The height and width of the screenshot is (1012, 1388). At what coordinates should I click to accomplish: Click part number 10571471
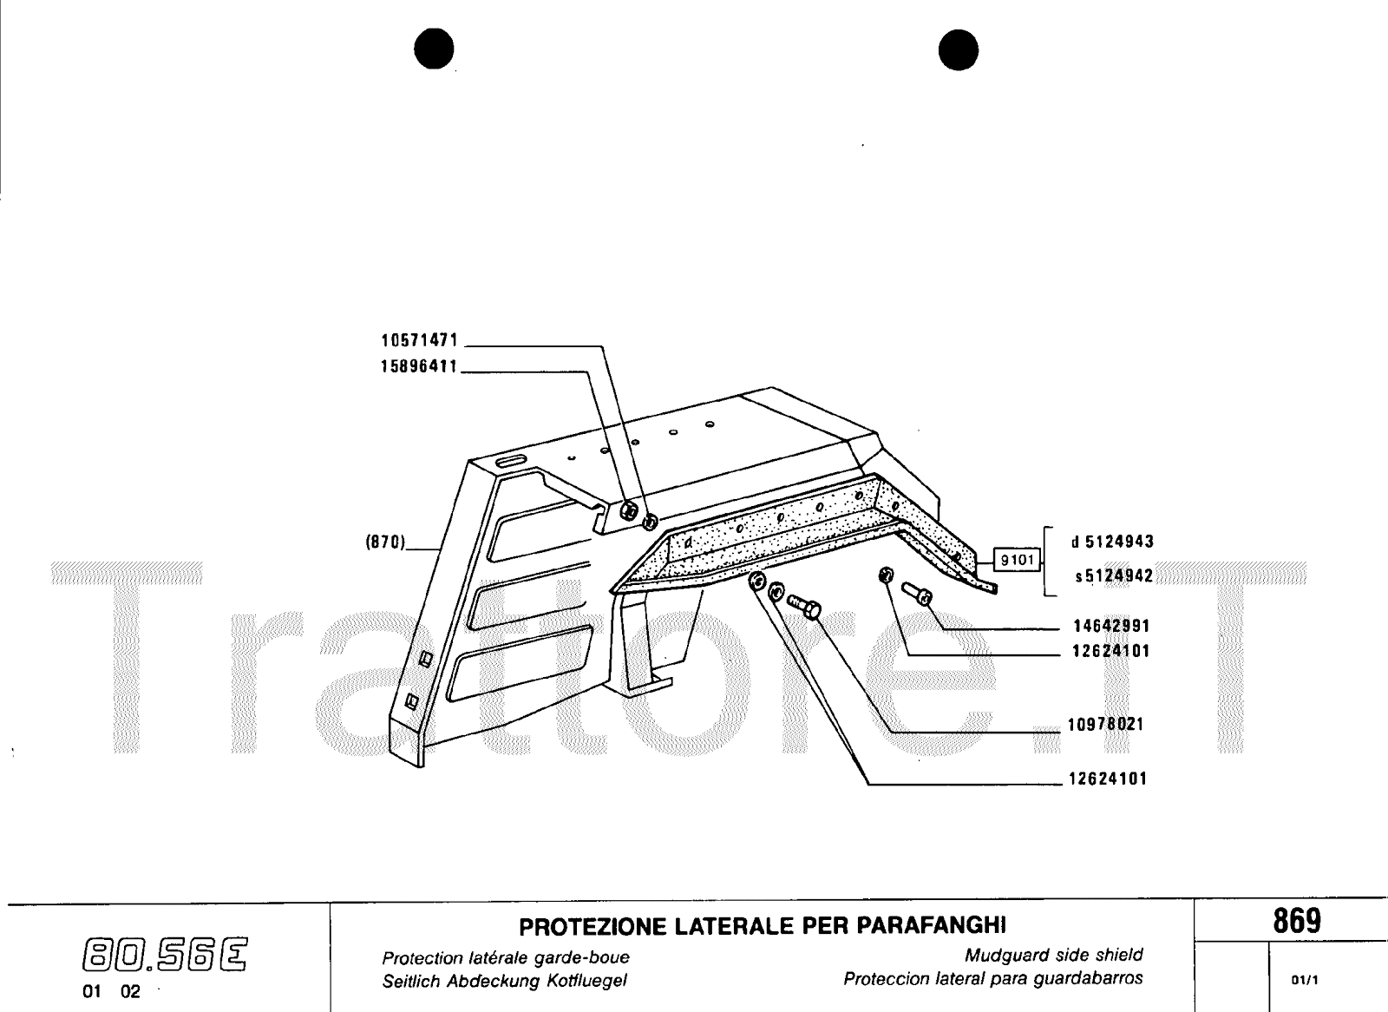click(420, 340)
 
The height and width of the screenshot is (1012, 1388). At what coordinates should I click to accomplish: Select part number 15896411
click(419, 366)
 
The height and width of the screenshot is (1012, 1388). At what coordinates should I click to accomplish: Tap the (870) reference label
click(385, 542)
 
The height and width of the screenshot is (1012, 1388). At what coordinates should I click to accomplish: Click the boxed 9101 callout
click(1018, 560)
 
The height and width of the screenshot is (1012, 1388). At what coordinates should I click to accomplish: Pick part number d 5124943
click(1113, 542)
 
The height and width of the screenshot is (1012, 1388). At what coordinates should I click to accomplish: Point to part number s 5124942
click(1114, 576)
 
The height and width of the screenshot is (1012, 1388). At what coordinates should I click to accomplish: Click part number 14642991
click(1111, 626)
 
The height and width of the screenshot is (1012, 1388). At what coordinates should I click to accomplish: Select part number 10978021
click(1105, 724)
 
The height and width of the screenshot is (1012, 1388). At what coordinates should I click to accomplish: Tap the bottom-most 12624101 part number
click(1108, 779)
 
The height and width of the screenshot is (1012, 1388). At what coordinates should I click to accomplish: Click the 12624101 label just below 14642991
click(1111, 651)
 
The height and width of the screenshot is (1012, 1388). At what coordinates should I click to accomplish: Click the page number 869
click(1297, 921)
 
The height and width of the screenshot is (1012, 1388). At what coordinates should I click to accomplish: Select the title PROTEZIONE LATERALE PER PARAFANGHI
click(763, 926)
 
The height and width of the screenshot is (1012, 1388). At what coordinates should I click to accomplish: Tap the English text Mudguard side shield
click(1054, 955)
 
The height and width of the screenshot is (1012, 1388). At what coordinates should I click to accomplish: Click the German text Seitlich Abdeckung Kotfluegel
click(504, 981)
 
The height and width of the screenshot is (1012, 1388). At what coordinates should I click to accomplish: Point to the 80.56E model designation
click(165, 954)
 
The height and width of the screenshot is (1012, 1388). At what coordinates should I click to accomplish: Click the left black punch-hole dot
click(434, 49)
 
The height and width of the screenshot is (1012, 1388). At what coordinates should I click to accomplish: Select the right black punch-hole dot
click(958, 49)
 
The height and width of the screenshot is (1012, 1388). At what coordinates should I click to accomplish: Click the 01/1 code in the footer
click(1305, 981)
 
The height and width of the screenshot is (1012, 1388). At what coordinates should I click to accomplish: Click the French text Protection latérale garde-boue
click(506, 958)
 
